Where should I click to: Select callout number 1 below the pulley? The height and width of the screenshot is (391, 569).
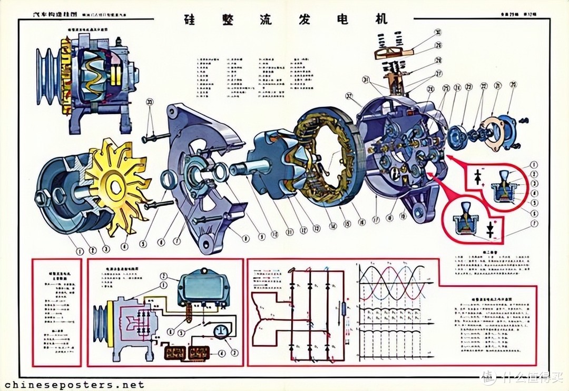(79, 252)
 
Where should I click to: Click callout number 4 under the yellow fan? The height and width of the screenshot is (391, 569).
(125, 245)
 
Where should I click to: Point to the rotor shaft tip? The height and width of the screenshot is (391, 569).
(232, 171)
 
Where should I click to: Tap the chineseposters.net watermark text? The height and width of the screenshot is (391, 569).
(73, 385)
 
